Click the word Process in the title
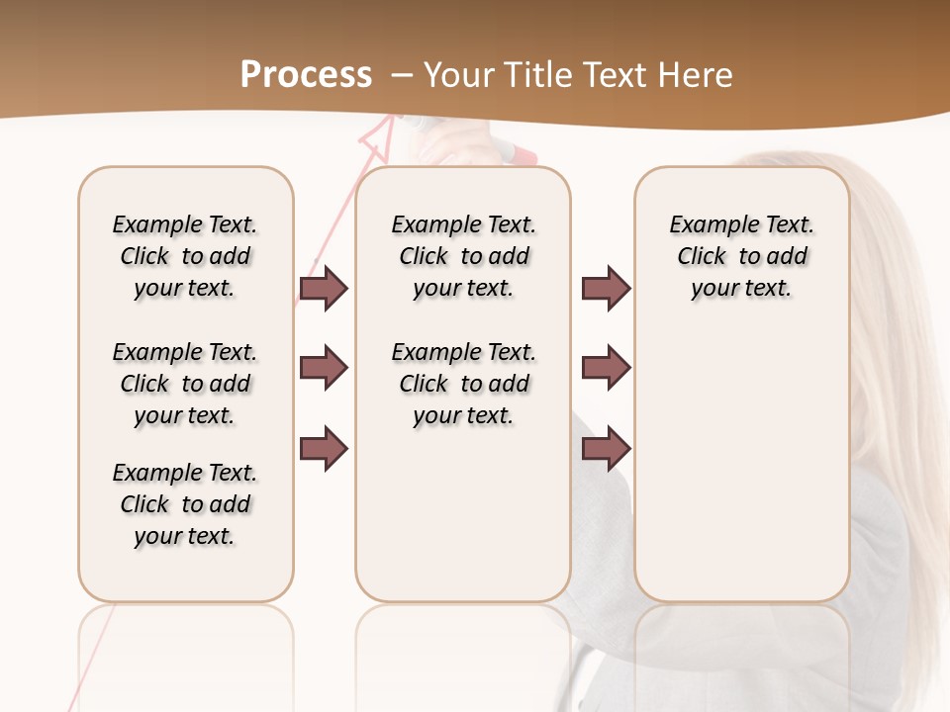click(306, 75)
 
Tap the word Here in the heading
click(698, 75)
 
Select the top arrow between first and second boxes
click(325, 288)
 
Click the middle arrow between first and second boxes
click(325, 368)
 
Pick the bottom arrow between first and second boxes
click(325, 449)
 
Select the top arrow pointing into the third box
click(606, 288)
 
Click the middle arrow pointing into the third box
click(606, 368)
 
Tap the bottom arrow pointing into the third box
click(606, 449)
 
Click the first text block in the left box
click(185, 256)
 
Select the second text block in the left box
click(185, 384)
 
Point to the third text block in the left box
click(185, 504)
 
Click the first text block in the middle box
click(463, 256)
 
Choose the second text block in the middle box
click(463, 384)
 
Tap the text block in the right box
click(741, 256)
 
